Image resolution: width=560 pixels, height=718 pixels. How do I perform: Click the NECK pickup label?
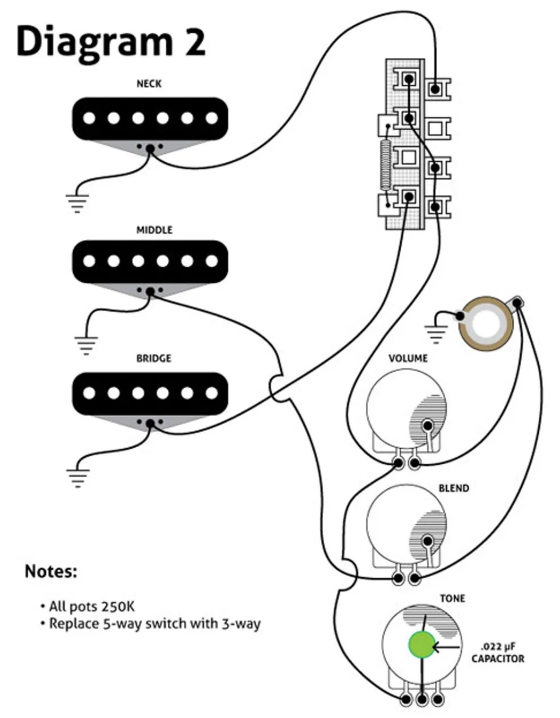coord(149,84)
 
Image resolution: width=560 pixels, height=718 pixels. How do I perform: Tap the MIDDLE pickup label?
coord(154,230)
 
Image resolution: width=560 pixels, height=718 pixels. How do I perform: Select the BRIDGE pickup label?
coord(153,359)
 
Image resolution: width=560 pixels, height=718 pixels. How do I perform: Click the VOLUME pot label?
coord(408,358)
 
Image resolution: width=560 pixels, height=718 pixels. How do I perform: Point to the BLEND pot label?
coord(454,489)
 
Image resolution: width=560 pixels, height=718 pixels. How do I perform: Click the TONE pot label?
coord(453,599)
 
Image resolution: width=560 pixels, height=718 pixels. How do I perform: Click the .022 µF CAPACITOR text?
coord(498,653)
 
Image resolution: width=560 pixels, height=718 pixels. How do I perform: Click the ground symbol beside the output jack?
coord(436,333)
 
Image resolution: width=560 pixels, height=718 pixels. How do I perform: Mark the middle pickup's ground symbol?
coord(86,345)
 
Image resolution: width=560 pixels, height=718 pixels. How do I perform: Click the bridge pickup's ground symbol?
coord(77,477)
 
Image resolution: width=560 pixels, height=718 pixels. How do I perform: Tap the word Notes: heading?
coord(51,571)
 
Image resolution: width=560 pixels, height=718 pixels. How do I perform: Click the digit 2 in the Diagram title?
coord(194,43)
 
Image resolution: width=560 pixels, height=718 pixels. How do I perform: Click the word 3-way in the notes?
coord(240,624)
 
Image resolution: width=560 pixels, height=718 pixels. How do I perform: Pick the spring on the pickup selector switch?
coord(386,164)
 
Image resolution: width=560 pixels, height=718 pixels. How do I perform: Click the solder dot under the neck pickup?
coord(150,149)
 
